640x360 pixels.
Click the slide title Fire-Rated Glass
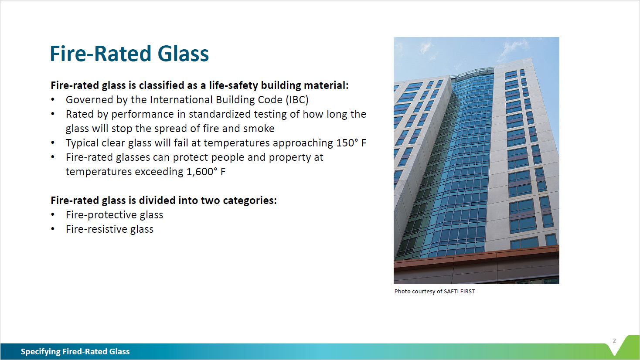[129, 54]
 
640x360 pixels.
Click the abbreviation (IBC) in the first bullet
[297, 100]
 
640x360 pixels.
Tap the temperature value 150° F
[351, 143]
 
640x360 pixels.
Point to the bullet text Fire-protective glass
[114, 215]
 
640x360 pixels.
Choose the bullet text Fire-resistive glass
[109, 229]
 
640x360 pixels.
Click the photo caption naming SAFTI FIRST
[434, 292]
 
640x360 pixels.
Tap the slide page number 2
[614, 341]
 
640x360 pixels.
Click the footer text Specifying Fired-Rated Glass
[75, 352]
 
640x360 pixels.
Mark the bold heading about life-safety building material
[199, 85]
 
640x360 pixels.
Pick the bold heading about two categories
[163, 200]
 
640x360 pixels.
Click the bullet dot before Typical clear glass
[53, 143]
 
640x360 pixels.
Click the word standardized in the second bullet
[219, 114]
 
